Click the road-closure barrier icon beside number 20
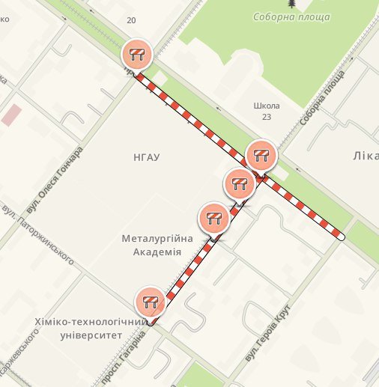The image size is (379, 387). click(137, 53)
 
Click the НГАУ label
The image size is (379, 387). click(145, 156)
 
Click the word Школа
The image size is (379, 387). click(267, 106)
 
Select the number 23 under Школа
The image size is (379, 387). click(267, 117)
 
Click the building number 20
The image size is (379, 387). click(132, 20)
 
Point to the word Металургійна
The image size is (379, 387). click(157, 239)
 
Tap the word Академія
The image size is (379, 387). click(157, 252)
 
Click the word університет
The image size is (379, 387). click(90, 335)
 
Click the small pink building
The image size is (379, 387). click(12, 115)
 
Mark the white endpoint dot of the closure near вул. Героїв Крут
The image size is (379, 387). click(341, 236)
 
